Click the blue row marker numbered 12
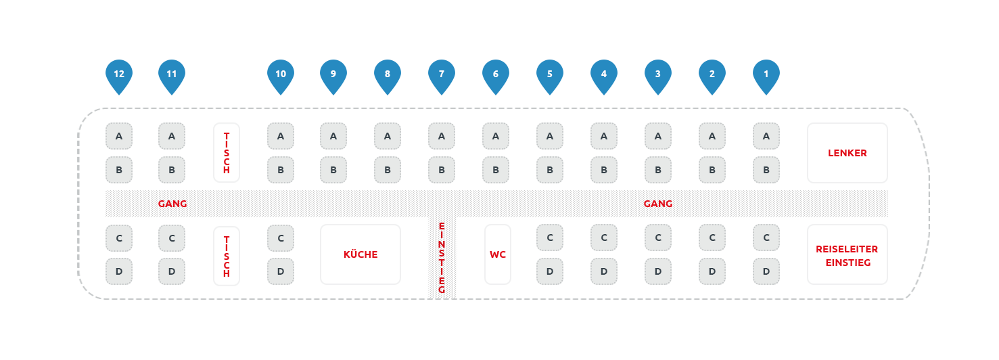click(119, 74)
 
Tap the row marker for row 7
click(442, 74)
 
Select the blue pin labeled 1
click(766, 74)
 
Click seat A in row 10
click(281, 136)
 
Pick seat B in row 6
click(496, 170)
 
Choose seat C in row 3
click(658, 238)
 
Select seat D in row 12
click(119, 271)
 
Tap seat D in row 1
click(766, 271)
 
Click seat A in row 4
click(604, 136)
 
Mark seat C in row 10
click(281, 238)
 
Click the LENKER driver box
click(847, 153)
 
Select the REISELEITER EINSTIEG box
click(847, 254)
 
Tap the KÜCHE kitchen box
click(361, 254)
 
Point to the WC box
click(498, 254)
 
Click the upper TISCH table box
click(227, 153)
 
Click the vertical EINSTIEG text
click(442, 257)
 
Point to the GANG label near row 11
click(172, 204)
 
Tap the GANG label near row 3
click(658, 204)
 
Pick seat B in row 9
click(333, 170)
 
